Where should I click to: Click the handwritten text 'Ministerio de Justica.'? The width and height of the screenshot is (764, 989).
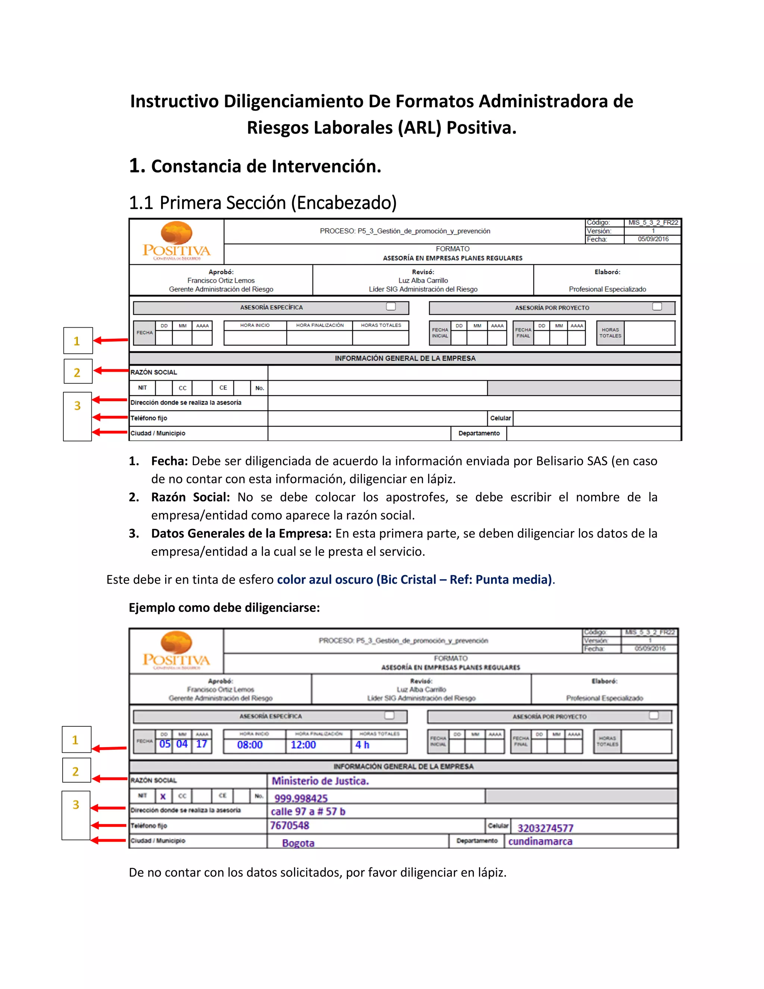coord(320,781)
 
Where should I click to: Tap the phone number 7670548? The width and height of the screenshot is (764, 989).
coord(289,826)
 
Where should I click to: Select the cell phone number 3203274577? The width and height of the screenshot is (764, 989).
coord(545,828)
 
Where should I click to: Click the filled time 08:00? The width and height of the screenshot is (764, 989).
coord(250,745)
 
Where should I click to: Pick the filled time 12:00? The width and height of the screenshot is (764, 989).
coord(303,745)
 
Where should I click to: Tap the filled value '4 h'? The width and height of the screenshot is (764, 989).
coord(362,745)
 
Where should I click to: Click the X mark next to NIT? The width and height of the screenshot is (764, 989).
coord(163,796)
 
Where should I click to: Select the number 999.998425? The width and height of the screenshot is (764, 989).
coord(301,798)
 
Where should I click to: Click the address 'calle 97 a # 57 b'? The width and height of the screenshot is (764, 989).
coord(308,811)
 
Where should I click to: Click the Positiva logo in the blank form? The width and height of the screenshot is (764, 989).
coord(176,241)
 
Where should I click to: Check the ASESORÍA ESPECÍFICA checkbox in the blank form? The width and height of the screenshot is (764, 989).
coord(391,306)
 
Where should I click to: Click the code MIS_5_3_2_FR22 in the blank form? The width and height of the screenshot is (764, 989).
coord(653,222)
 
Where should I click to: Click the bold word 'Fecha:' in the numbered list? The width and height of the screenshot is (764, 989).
coord(169,461)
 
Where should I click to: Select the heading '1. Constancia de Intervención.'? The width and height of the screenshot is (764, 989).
coord(255,166)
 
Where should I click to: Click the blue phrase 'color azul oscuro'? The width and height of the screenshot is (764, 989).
coord(325,580)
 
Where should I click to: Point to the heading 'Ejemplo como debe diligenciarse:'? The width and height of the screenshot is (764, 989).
coord(224,607)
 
